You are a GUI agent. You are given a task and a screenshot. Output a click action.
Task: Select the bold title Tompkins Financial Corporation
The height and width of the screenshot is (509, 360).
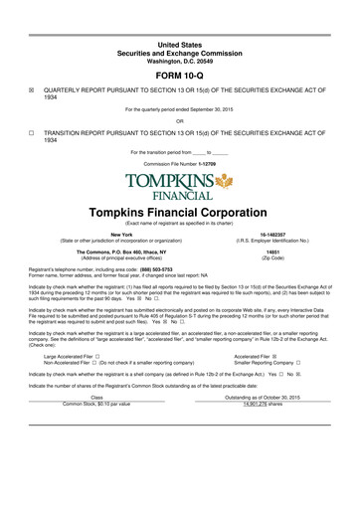179,213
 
